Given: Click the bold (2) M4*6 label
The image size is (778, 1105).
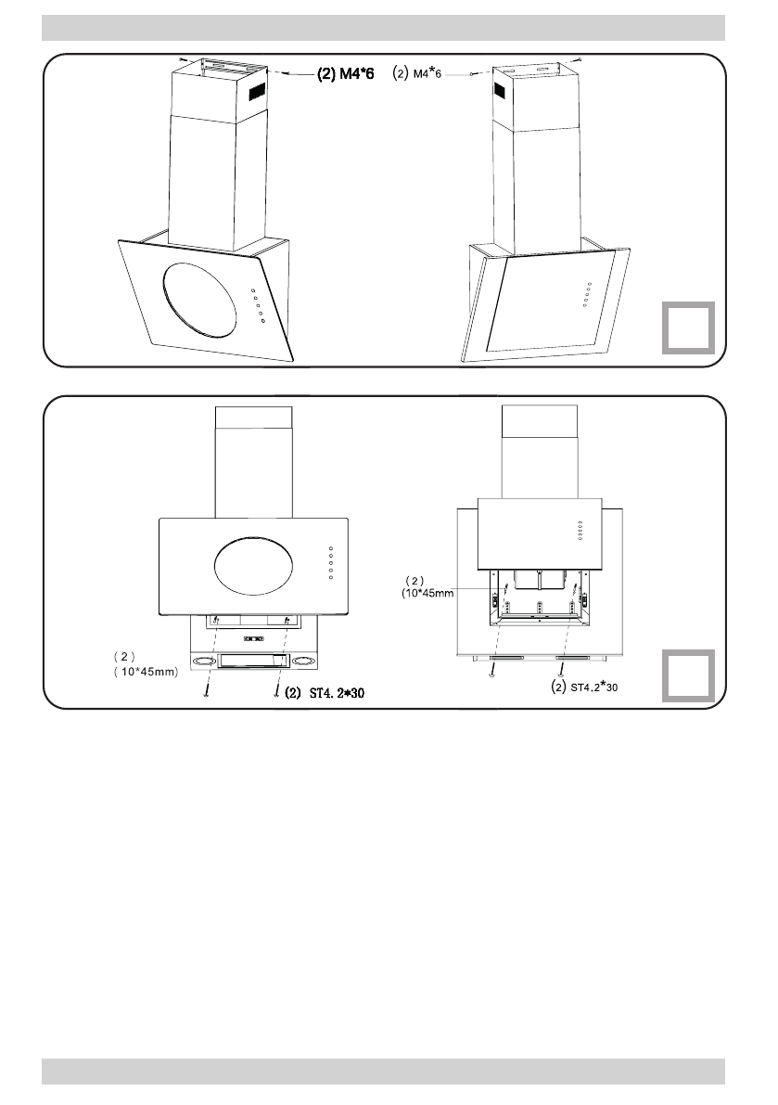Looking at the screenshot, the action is [x=346, y=74].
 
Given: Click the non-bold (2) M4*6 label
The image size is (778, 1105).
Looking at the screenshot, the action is [x=416, y=71].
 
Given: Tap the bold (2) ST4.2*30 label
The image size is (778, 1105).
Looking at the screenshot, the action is [x=325, y=693].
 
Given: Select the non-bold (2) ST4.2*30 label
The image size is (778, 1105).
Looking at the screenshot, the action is [x=584, y=686].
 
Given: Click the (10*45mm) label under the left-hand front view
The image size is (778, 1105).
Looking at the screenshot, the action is [x=147, y=672].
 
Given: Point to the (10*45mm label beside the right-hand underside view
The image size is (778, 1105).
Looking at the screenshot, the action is [x=427, y=594].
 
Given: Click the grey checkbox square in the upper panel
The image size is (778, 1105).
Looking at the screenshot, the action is [x=688, y=328].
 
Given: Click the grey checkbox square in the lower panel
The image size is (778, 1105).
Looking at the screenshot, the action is [x=688, y=675].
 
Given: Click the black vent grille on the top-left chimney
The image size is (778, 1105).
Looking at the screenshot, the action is [x=257, y=90].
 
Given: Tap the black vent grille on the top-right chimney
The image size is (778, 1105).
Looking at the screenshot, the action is [x=500, y=91].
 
